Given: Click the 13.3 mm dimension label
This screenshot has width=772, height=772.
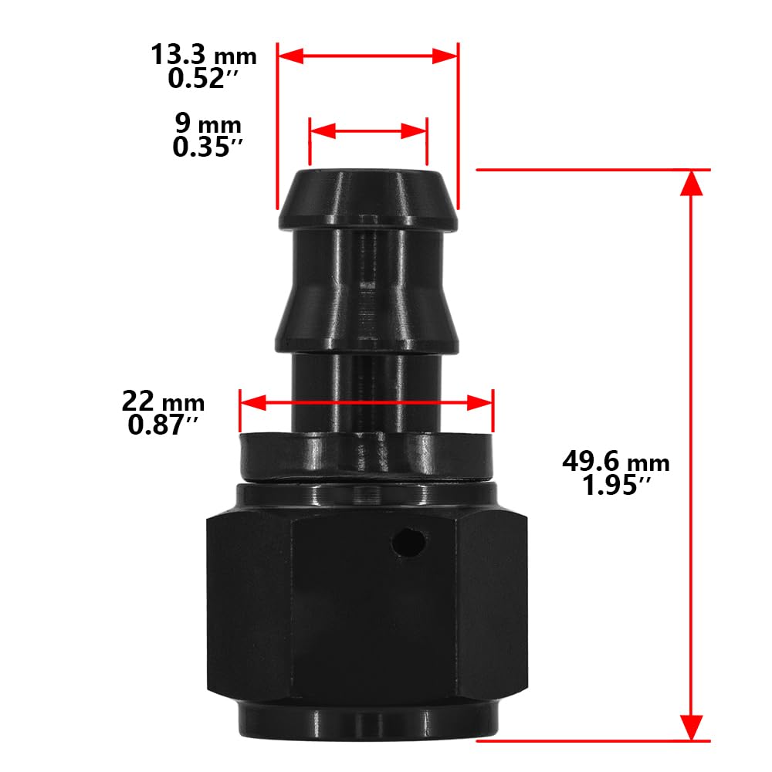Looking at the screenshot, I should [x=203, y=56].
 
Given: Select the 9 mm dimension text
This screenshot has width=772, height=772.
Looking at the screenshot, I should [x=208, y=123].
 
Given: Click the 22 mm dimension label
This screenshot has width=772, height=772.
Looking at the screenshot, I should [x=163, y=401].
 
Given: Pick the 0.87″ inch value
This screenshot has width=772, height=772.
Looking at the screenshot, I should [x=164, y=424].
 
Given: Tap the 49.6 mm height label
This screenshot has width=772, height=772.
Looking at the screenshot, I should [x=615, y=462].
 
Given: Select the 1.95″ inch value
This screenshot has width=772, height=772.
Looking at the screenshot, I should [x=615, y=486].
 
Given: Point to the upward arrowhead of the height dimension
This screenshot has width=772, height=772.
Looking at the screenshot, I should [x=692, y=182].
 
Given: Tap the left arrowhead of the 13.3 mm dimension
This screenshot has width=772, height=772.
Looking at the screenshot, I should [x=290, y=56].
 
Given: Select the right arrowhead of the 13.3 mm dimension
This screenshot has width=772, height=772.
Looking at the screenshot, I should [x=445, y=56].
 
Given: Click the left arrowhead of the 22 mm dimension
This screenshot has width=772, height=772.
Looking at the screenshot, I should [x=253, y=402].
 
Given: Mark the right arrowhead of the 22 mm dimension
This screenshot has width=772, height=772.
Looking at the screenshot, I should [x=480, y=402].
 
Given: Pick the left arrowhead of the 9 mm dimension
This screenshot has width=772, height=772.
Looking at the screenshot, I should [x=321, y=131].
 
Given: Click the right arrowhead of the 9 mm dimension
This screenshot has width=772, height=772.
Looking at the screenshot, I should [x=415, y=131].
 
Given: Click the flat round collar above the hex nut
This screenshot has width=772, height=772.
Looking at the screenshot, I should [x=366, y=456].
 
